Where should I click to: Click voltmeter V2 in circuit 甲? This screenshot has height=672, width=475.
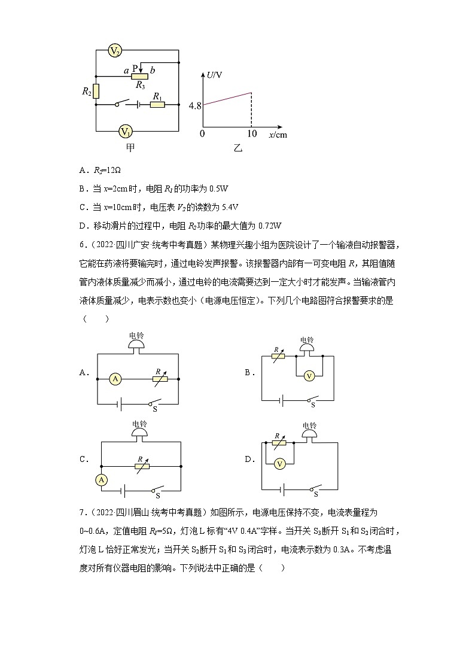115,51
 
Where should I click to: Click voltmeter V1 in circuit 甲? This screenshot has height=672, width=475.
125,131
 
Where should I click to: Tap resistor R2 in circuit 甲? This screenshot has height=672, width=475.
96,91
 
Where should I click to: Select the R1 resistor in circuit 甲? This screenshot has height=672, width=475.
157,105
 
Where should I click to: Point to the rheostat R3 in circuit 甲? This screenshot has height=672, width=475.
139,76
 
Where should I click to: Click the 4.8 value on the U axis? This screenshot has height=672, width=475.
195,105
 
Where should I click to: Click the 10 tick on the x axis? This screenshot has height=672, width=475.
252,133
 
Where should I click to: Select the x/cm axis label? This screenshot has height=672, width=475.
278,135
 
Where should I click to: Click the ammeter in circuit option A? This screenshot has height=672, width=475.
115,378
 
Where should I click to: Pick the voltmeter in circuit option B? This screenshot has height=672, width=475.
309,376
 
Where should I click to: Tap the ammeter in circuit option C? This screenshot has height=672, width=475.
102,480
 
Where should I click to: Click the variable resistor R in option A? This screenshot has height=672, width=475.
160,378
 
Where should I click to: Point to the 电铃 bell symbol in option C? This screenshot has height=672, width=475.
140,430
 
